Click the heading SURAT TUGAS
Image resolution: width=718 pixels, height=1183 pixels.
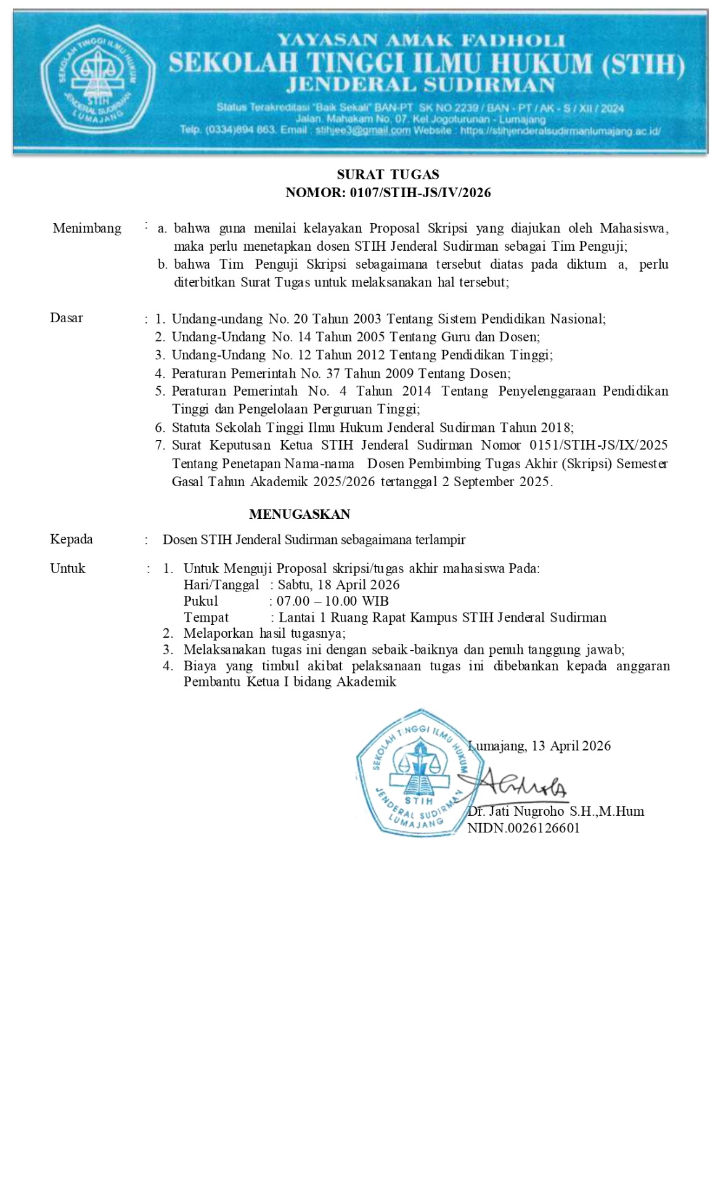click(x=388, y=175)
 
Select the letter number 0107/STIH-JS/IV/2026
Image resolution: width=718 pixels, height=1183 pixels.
click(x=420, y=193)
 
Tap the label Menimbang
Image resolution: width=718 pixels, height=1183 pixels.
click(x=87, y=229)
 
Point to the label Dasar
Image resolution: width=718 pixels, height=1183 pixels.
click(x=67, y=319)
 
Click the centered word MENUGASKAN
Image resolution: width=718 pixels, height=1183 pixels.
click(x=300, y=514)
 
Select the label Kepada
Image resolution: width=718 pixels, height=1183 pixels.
click(x=71, y=540)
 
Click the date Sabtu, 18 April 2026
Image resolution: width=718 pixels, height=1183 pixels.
click(x=338, y=585)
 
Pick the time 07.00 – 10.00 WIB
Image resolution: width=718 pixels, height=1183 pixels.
click(x=332, y=601)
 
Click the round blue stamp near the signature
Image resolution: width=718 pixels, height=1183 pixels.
click(x=412, y=773)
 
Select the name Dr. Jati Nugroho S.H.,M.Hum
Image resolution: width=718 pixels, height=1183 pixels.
click(x=556, y=811)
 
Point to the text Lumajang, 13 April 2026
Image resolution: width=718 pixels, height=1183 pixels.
click(x=540, y=746)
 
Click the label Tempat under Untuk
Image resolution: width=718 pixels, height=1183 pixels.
click(x=206, y=618)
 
